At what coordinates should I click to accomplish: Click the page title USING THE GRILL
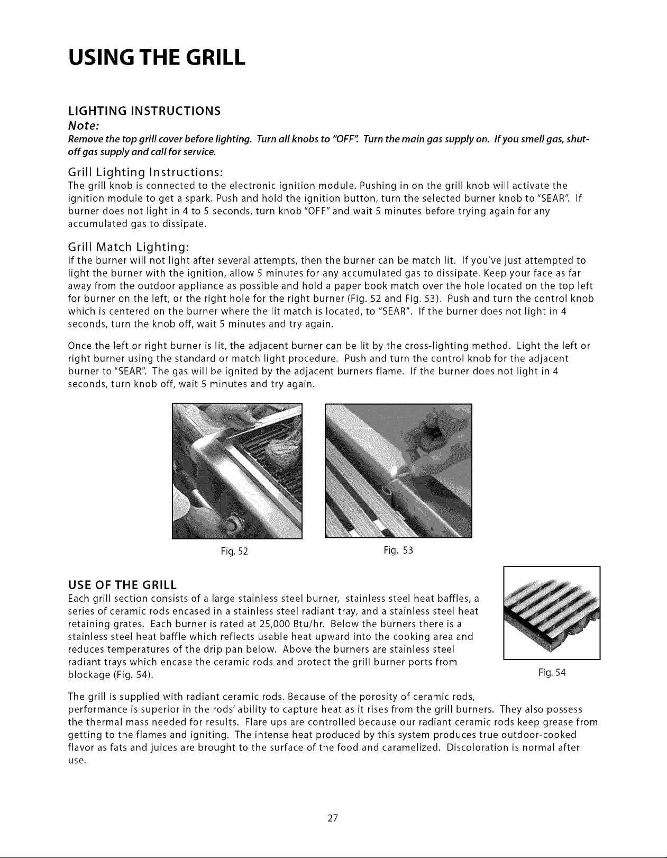tap(157, 58)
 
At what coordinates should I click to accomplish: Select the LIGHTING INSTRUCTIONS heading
tap(144, 111)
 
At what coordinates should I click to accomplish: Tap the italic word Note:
tap(83, 126)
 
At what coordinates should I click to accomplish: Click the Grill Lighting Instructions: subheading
tap(145, 173)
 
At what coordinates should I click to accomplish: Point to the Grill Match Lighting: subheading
tap(129, 248)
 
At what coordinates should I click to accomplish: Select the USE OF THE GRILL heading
tap(122, 585)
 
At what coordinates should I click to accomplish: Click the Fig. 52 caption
tap(234, 552)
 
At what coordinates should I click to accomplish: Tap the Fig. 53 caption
tap(398, 550)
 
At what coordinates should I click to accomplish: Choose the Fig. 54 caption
tap(552, 672)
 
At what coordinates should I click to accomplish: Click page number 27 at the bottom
tap(333, 818)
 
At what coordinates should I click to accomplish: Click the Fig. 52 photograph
tap(237, 471)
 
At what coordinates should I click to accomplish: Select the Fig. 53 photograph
tap(398, 471)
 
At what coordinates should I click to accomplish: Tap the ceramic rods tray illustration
tap(552, 613)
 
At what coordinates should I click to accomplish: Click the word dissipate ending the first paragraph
tap(185, 224)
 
